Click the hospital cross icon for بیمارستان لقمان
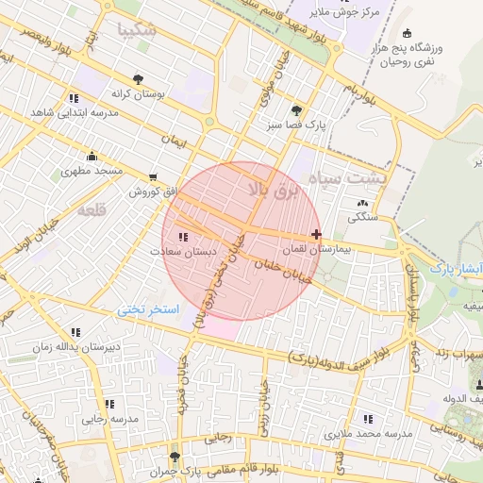pos(315,235)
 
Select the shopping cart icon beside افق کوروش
pos(153,176)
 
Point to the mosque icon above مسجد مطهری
pos(92,157)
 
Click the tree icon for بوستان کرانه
pos(139,79)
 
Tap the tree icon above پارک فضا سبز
pos(297,109)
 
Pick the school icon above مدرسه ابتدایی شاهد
pos(74,98)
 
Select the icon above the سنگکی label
pos(363,203)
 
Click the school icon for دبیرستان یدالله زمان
pos(75,332)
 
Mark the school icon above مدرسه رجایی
pos(109,404)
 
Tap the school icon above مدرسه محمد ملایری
pos(368,419)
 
